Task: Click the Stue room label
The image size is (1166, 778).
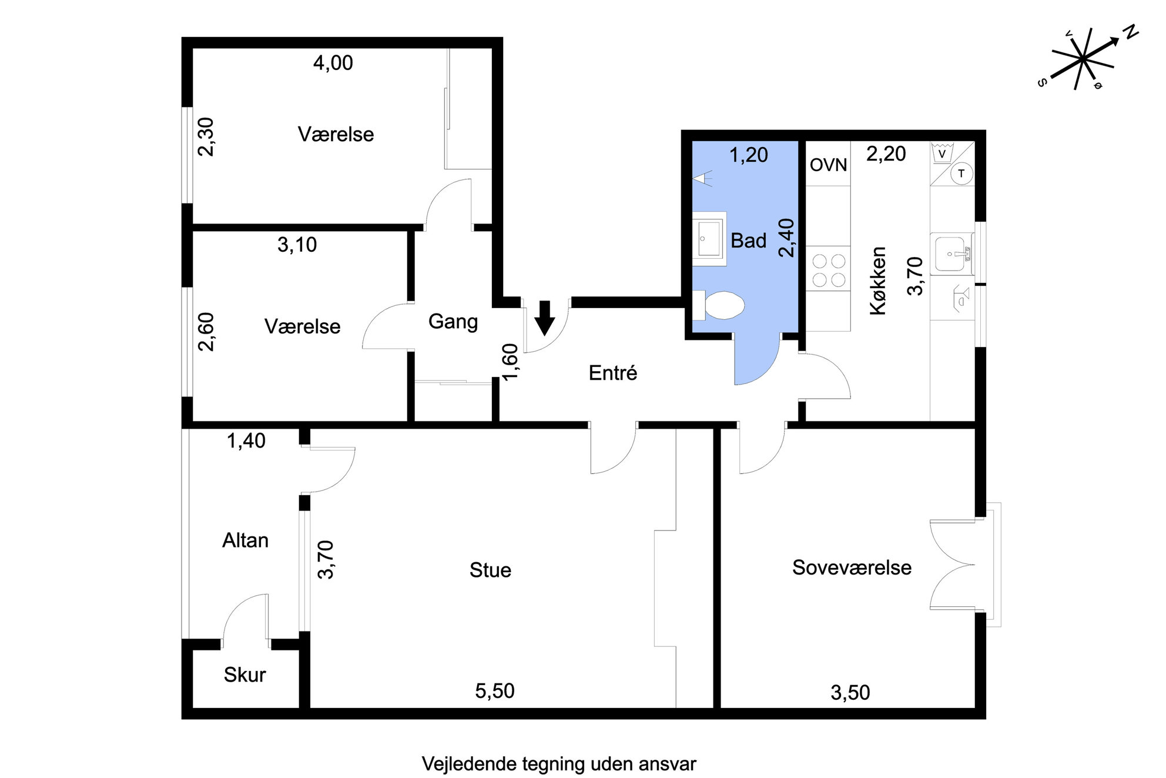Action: pyautogui.click(x=490, y=570)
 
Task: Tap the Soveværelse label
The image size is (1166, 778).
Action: pyautogui.click(x=852, y=567)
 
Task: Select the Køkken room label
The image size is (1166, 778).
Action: pyautogui.click(x=877, y=281)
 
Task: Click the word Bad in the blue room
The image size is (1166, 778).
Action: pyautogui.click(x=748, y=241)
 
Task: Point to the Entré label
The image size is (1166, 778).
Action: pyautogui.click(x=613, y=372)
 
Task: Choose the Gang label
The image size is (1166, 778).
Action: pyautogui.click(x=453, y=322)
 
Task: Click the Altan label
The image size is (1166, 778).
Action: pyautogui.click(x=245, y=540)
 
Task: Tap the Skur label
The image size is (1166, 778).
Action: pyautogui.click(x=244, y=675)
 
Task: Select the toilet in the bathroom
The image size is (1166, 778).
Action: pyautogui.click(x=718, y=305)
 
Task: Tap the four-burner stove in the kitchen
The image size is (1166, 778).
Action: pyautogui.click(x=828, y=270)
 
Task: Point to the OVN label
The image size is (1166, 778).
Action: pyautogui.click(x=828, y=165)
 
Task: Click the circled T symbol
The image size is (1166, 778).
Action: pyautogui.click(x=961, y=173)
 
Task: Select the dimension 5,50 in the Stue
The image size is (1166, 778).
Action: pyautogui.click(x=495, y=691)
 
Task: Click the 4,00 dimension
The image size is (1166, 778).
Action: pyautogui.click(x=333, y=63)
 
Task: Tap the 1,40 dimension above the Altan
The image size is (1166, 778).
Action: pyautogui.click(x=246, y=440)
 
